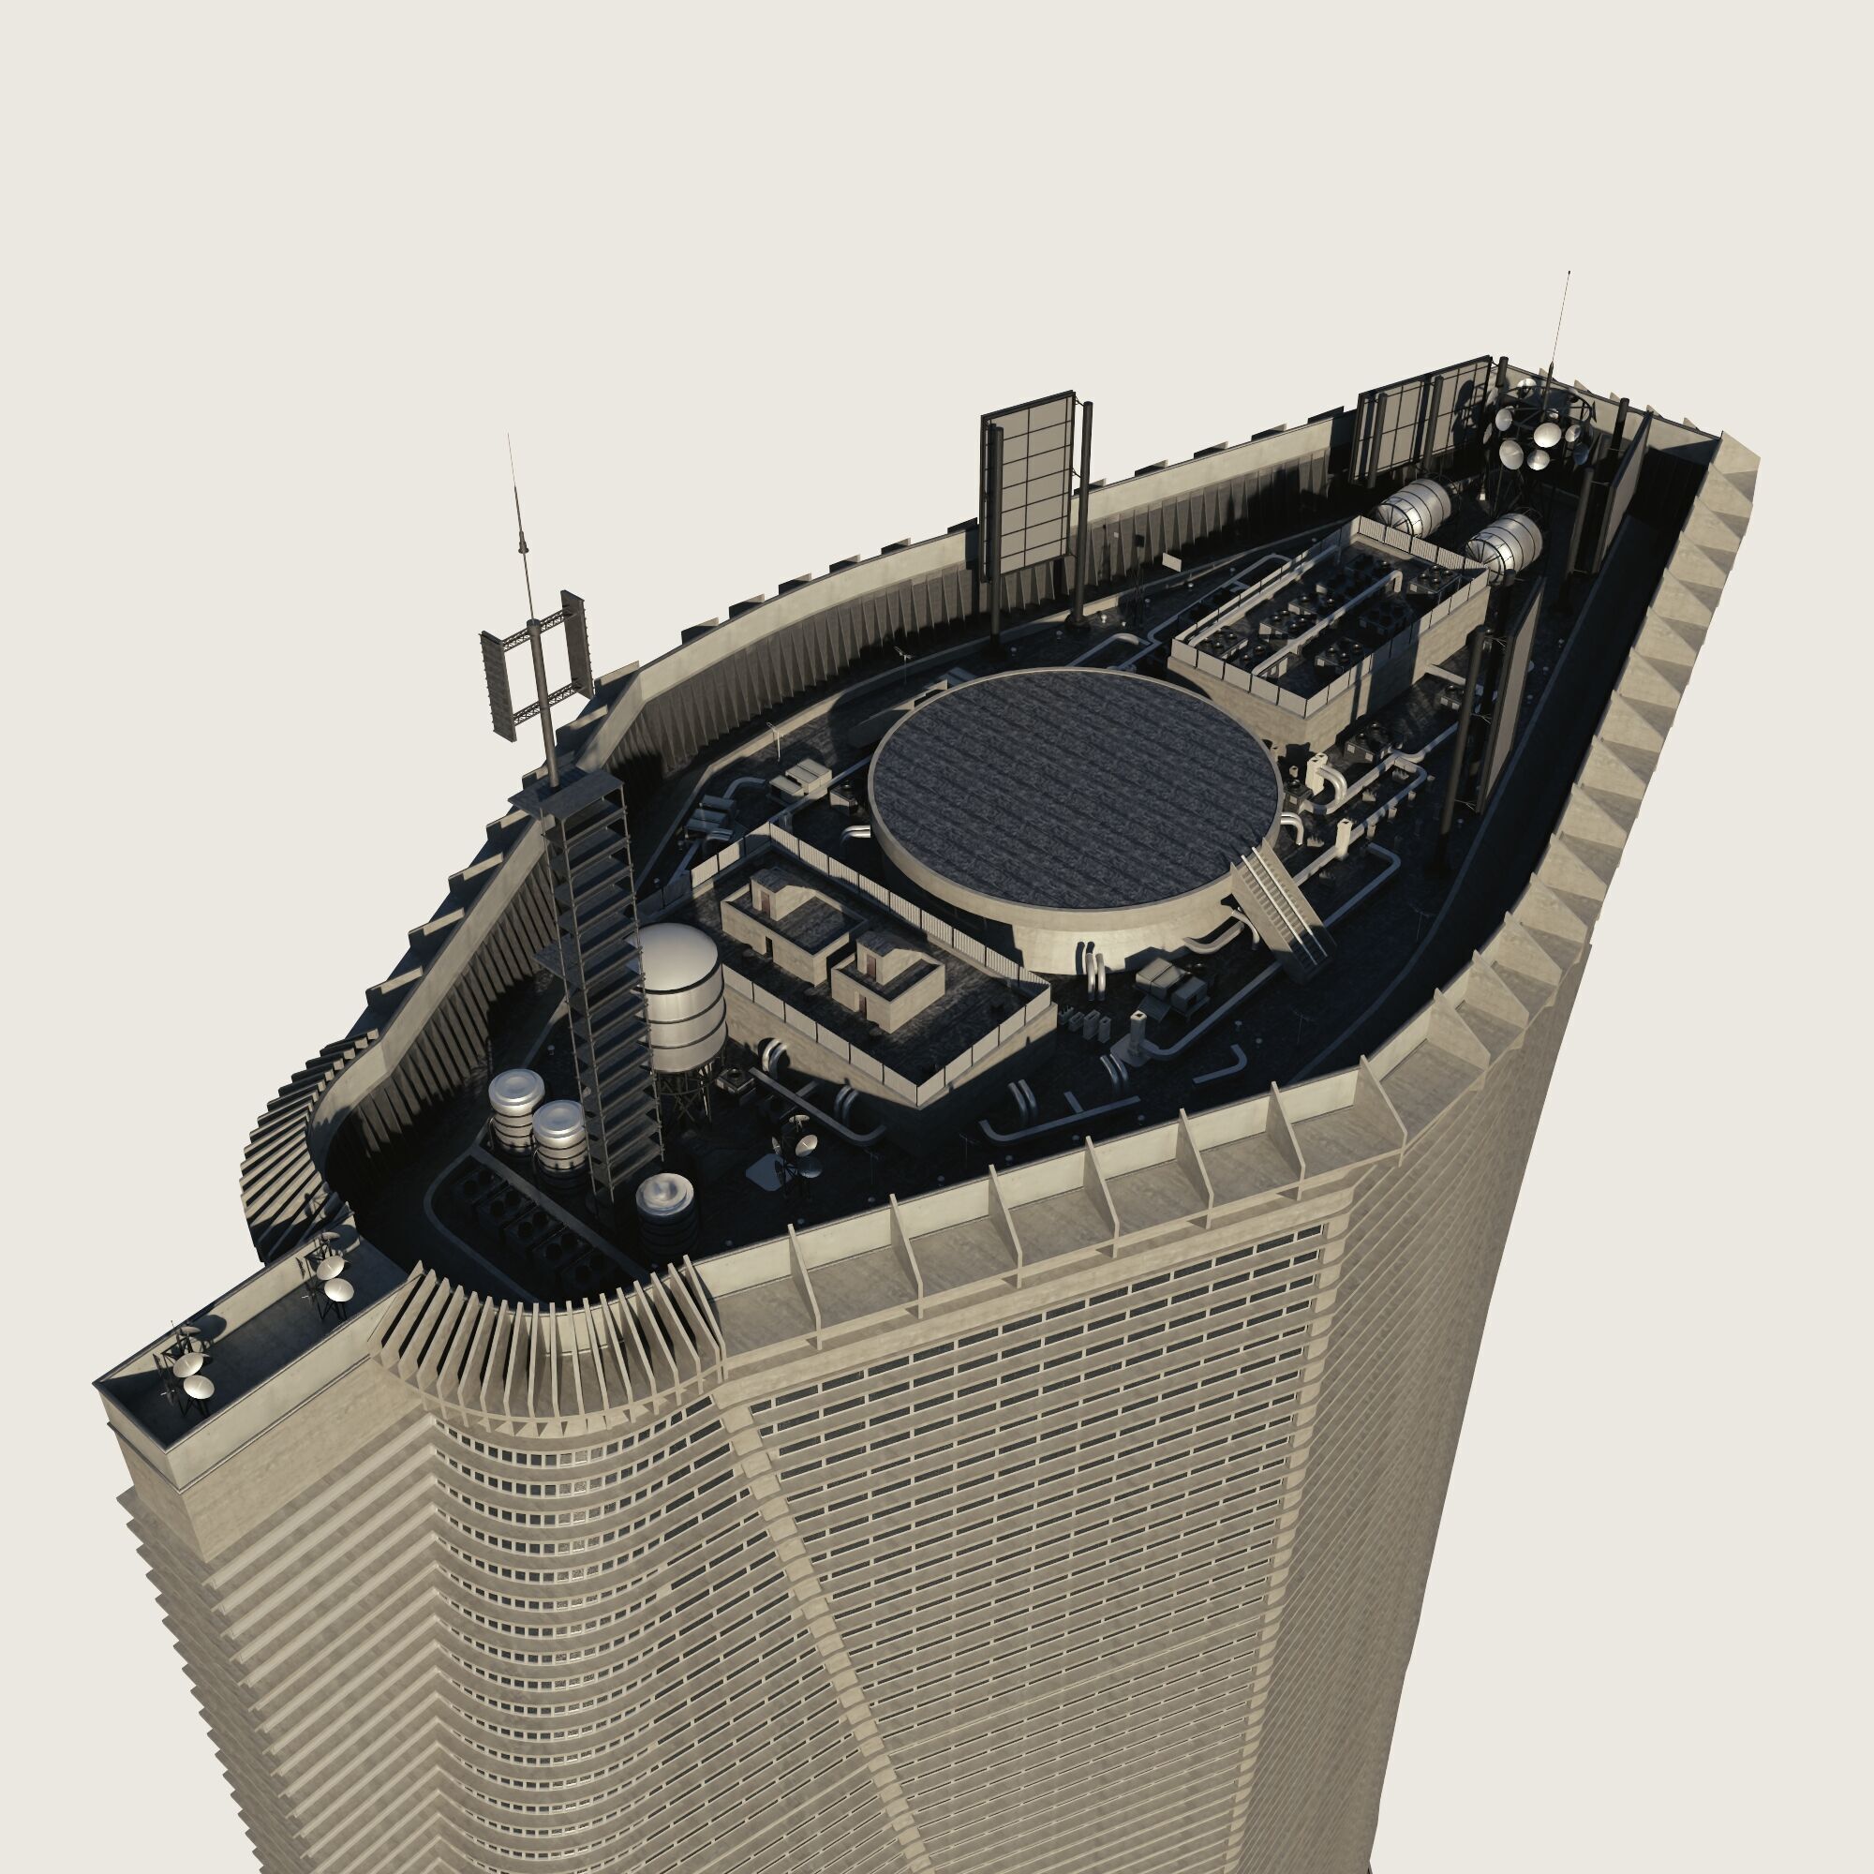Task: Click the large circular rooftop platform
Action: tap(1072, 776)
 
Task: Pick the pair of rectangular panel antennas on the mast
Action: tap(535, 669)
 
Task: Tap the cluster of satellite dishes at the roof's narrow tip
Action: tap(1542, 426)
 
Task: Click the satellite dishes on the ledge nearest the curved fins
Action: tap(330, 1271)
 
